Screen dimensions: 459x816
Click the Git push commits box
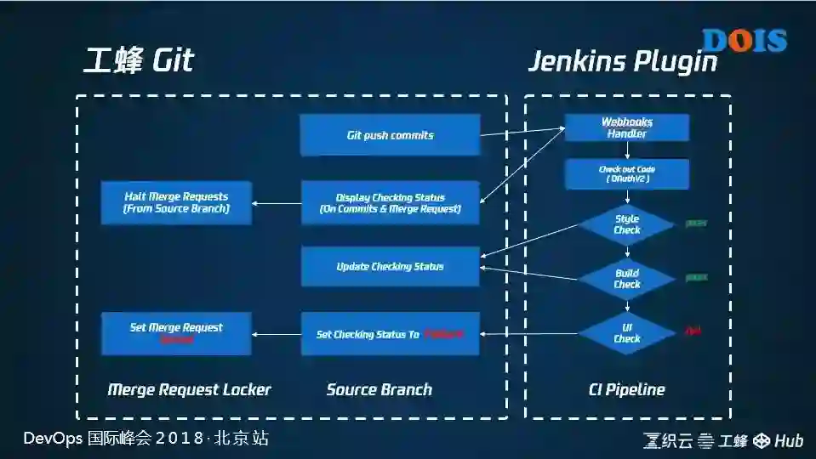pyautogui.click(x=390, y=135)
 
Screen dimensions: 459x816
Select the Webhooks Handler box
pyautogui.click(x=627, y=127)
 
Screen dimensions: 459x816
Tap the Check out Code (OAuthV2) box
pyautogui.click(x=627, y=174)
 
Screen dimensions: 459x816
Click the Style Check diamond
pyautogui.click(x=627, y=224)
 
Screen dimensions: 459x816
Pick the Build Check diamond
pyautogui.click(x=627, y=279)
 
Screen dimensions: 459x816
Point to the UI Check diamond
pyautogui.click(x=627, y=333)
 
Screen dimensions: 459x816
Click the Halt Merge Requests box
pyautogui.click(x=176, y=202)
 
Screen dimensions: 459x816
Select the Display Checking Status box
pyautogui.click(x=390, y=203)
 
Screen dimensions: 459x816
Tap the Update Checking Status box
pyautogui.click(x=390, y=266)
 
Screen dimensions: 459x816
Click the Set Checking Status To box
pyautogui.click(x=390, y=334)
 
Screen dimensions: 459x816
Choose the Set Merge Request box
pyautogui.click(x=176, y=333)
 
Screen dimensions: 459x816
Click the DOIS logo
pyautogui.click(x=744, y=40)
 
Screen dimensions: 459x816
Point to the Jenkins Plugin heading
pyautogui.click(x=622, y=61)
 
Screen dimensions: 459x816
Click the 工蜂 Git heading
pyautogui.click(x=139, y=60)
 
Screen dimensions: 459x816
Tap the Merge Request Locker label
pyautogui.click(x=189, y=390)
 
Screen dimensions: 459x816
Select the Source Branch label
pyautogui.click(x=379, y=390)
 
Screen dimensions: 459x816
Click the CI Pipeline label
pyautogui.click(x=627, y=390)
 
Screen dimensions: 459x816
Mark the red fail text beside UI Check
pyautogui.click(x=693, y=330)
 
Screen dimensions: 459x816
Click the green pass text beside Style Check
pyautogui.click(x=697, y=224)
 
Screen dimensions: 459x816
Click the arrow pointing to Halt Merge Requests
pyautogui.click(x=277, y=203)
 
